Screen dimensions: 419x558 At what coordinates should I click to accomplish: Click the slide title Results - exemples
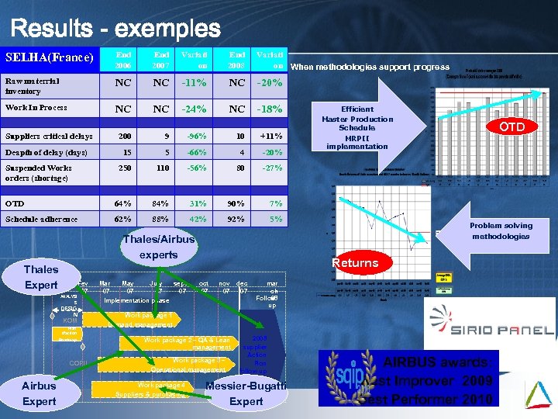tap(115, 29)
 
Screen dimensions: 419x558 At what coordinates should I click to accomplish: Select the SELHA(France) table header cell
tap(50, 58)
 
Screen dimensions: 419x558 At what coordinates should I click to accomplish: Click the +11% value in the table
tap(270, 137)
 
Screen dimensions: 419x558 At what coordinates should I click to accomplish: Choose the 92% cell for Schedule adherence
tap(237, 219)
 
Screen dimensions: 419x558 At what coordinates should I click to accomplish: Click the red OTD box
tap(511, 126)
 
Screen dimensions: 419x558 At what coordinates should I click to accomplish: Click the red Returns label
tap(355, 263)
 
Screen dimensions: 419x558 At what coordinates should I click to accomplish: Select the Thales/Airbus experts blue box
tap(158, 247)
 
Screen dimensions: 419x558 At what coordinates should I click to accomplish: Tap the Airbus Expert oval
tap(40, 393)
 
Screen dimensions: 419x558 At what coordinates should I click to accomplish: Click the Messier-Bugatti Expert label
tap(246, 393)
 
